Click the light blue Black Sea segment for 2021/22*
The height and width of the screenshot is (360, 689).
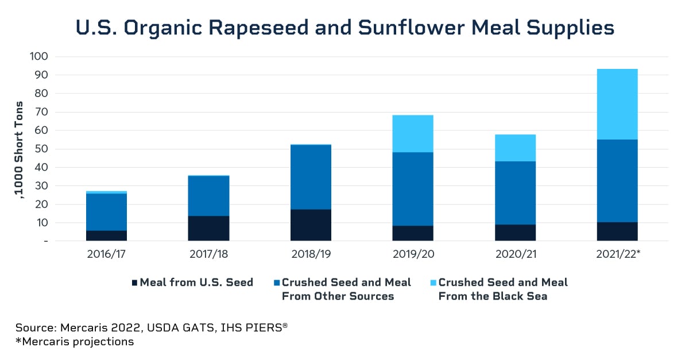click(617, 104)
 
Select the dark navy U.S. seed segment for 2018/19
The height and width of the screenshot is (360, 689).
click(311, 225)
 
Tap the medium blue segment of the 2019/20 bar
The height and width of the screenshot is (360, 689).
click(413, 189)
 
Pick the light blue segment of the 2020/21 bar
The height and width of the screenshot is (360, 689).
click(515, 148)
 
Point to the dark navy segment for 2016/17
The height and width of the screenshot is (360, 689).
click(106, 235)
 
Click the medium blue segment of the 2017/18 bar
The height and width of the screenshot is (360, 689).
click(208, 196)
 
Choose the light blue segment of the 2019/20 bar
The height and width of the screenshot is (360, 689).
click(413, 134)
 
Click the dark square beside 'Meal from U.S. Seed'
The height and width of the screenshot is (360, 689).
click(135, 282)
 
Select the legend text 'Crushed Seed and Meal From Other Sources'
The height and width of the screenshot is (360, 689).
click(346, 289)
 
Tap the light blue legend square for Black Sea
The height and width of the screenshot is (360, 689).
click(433, 282)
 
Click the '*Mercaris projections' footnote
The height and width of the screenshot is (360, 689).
click(75, 342)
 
